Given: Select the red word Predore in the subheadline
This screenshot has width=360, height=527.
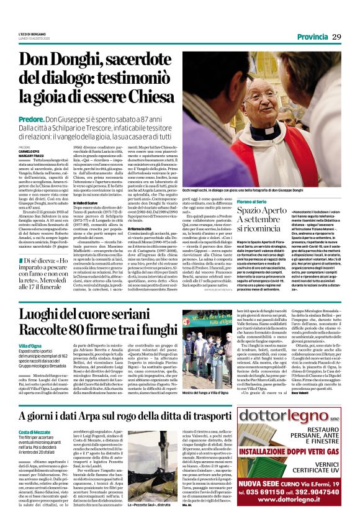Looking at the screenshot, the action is (30, 118).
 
